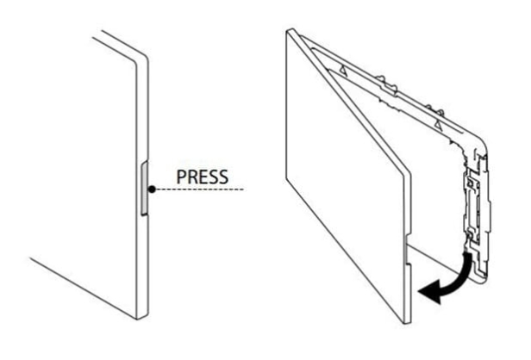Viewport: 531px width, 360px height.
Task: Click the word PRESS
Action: (x=203, y=177)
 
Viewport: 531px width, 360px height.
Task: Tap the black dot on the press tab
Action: (x=152, y=189)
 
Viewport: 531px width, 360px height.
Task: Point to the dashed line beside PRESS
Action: (x=199, y=189)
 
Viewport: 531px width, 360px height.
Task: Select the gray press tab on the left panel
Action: (x=144, y=188)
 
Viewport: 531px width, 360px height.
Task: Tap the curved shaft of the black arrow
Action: (x=460, y=273)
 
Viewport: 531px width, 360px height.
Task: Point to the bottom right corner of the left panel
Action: (x=142, y=317)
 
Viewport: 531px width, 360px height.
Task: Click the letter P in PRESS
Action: (x=182, y=177)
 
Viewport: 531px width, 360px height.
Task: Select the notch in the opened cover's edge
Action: (x=409, y=250)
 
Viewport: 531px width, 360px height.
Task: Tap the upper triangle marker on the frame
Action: (x=343, y=70)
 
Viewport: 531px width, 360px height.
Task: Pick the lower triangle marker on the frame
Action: (x=439, y=124)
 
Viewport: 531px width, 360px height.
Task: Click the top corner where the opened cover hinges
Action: (x=290, y=32)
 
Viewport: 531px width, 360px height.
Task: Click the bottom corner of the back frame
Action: (x=483, y=278)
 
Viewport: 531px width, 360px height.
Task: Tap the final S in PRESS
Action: (x=223, y=177)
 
